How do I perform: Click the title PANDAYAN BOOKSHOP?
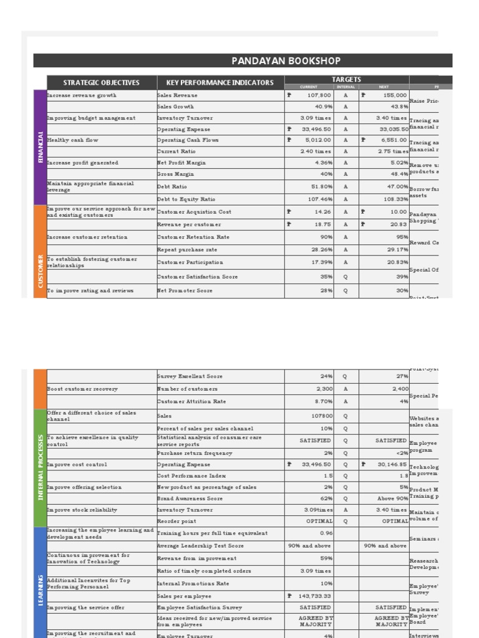(286, 60)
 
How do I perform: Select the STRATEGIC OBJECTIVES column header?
(101, 82)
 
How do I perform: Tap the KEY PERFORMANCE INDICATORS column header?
(220, 82)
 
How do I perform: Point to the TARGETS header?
(346, 79)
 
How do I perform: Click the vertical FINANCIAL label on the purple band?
(41, 147)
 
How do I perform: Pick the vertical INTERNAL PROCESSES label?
(41, 467)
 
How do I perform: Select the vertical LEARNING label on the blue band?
(41, 589)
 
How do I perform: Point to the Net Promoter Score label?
(185, 290)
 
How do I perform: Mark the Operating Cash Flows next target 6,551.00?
(392, 140)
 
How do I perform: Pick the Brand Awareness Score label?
(190, 498)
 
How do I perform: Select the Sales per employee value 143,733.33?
(314, 596)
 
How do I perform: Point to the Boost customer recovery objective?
(82, 389)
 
